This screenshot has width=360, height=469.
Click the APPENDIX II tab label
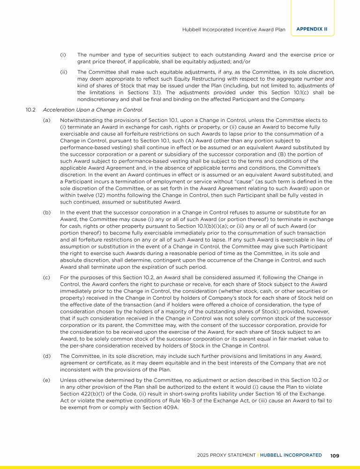point(312,29)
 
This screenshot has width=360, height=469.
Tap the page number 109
point(335,455)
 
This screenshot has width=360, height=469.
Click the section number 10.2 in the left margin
point(31,110)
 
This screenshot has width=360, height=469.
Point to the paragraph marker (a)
point(46,121)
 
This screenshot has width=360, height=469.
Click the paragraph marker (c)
point(46,278)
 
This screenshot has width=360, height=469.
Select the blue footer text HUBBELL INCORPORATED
point(292,455)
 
